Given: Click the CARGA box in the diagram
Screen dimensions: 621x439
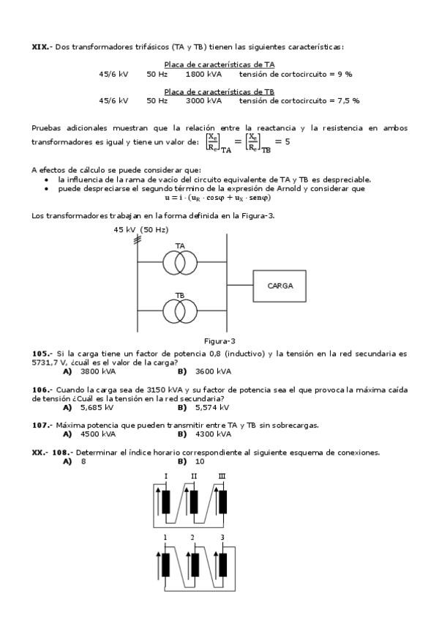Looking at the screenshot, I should (x=280, y=286).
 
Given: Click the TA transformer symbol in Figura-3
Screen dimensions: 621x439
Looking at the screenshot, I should (x=180, y=261).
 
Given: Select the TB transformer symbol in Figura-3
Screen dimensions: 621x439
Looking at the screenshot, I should (x=180, y=310).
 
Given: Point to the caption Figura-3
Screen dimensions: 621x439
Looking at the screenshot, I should (x=219, y=341).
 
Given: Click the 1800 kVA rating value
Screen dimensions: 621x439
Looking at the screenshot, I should (x=200, y=74).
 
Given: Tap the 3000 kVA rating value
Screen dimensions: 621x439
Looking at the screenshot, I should (x=200, y=100).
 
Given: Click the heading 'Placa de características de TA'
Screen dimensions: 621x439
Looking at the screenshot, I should (x=219, y=64).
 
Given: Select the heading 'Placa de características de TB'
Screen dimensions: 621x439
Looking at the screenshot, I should (x=219, y=92).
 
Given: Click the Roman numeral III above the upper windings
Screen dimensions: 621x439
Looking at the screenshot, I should (x=222, y=477).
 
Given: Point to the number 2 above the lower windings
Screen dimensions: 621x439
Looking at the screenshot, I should (x=192, y=538).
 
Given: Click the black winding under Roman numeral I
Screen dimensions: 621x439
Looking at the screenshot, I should (x=168, y=502).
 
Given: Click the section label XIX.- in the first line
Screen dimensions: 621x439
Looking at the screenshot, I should (x=42, y=47).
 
